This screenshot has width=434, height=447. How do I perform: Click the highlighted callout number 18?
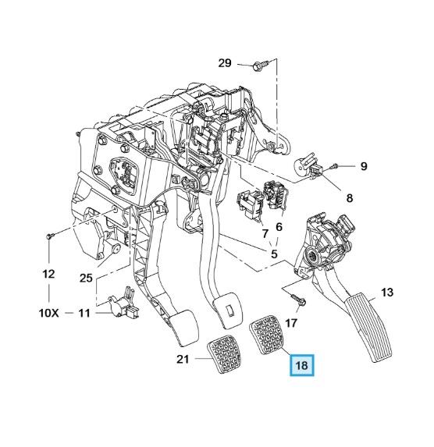[x=302, y=365]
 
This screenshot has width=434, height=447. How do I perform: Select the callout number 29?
[x=225, y=62]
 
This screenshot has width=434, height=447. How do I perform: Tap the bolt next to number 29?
[x=261, y=66]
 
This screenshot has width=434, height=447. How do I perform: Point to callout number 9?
[x=363, y=165]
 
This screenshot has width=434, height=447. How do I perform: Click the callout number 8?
[x=350, y=197]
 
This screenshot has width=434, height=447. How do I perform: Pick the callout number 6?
[x=279, y=227]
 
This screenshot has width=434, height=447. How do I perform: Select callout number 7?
[x=265, y=234]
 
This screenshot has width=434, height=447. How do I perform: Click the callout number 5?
[x=274, y=254]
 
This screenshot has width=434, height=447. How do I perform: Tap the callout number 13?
[x=387, y=292]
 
